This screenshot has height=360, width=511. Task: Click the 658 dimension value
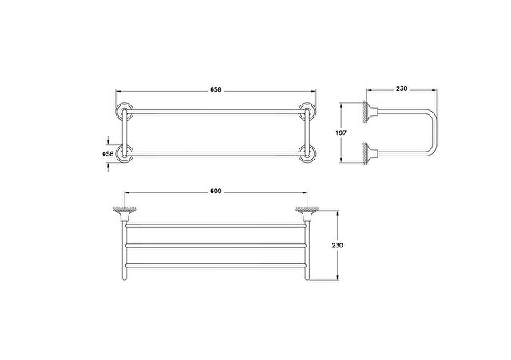216,89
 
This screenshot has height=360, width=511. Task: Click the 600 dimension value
216,191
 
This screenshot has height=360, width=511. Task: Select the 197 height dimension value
341,133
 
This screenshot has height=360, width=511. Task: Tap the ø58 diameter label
108,154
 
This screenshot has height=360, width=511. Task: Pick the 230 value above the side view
402,89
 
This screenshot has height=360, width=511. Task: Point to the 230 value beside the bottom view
337,245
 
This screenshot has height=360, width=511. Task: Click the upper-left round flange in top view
125,112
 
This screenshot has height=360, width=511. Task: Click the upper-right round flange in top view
307,112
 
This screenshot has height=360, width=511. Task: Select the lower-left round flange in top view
125,153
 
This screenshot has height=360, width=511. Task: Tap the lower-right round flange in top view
307,153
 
